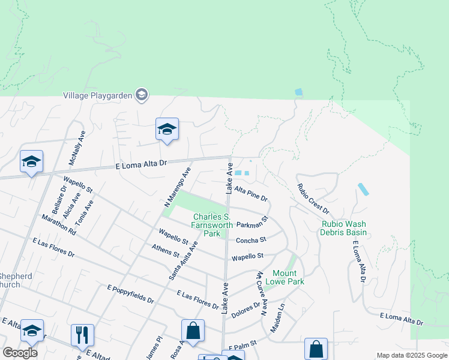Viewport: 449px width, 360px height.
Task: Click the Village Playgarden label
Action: tap(97, 95)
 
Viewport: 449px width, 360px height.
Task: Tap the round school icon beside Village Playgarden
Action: tap(142, 95)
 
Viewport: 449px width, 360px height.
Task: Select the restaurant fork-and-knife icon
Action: tap(82, 335)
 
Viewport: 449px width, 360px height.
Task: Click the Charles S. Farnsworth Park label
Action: tap(211, 225)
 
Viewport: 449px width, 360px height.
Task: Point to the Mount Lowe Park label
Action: tap(285, 277)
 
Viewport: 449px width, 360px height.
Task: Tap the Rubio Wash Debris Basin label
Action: tap(343, 228)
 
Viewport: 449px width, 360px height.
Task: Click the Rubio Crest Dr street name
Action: tap(313, 199)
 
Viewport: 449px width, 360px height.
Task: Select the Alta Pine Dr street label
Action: tap(250, 193)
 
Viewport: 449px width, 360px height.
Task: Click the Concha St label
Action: tap(250, 240)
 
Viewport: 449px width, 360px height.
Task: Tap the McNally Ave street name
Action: tap(74, 151)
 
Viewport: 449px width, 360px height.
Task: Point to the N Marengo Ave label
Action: tap(177, 187)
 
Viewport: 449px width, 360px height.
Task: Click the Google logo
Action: tap(20, 352)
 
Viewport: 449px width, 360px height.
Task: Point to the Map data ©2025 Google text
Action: tap(411, 355)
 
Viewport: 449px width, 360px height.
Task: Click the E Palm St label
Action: tap(243, 344)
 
